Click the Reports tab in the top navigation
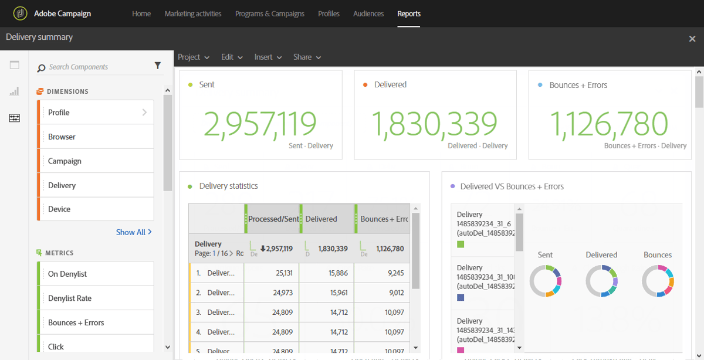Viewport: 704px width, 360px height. (x=409, y=13)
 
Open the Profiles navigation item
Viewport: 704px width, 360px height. (x=329, y=13)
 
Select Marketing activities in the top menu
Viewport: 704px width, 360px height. (x=193, y=13)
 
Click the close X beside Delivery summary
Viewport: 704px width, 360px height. (x=692, y=39)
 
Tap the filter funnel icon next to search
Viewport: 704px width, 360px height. (x=158, y=66)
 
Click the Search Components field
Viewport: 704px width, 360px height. (x=94, y=67)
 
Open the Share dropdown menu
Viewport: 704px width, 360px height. (x=307, y=57)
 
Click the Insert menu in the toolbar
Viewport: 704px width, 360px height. (x=268, y=57)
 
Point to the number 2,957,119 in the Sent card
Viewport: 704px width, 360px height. (x=260, y=124)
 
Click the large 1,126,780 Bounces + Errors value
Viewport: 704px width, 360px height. (x=608, y=124)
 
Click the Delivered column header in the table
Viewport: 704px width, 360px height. (x=321, y=219)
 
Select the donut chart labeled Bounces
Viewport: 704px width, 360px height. (x=658, y=281)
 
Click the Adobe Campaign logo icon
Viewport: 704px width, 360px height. (x=21, y=13)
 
